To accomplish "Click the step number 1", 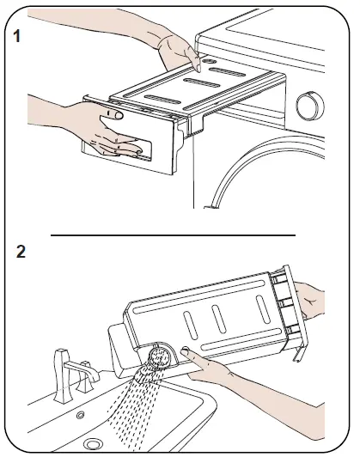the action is [17, 36].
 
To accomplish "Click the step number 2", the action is [21, 251].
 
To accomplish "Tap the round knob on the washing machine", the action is [310, 106].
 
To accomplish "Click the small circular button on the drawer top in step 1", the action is [209, 61].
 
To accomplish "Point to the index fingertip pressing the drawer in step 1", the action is [198, 68].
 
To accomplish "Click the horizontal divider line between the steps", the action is [173, 235].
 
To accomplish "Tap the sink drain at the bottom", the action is [93, 444].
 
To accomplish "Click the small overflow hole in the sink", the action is [81, 415].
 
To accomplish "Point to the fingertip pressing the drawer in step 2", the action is [185, 350].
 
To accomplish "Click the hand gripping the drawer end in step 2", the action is [309, 300].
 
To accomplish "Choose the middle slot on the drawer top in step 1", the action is [202, 83].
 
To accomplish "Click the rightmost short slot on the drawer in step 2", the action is [263, 309].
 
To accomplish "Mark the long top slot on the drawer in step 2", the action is [199, 296].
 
